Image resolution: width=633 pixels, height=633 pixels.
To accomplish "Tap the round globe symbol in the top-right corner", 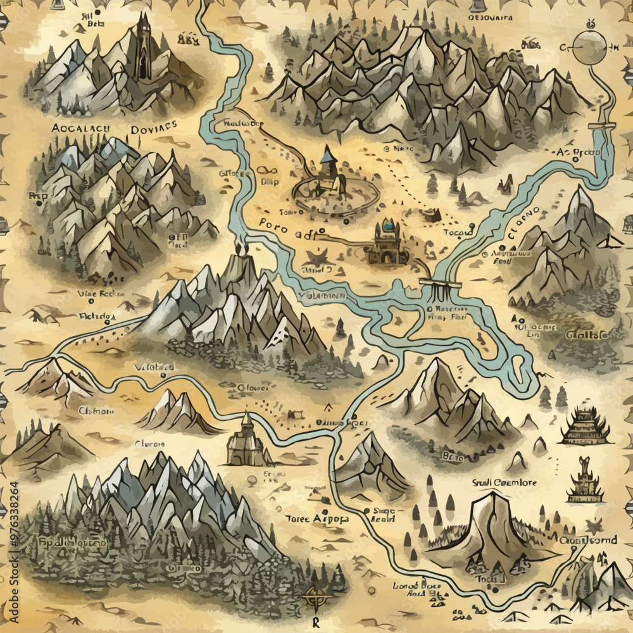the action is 589,47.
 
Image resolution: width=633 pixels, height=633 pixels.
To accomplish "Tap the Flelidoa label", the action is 97,315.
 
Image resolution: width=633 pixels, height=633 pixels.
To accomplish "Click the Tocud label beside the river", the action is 458,232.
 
